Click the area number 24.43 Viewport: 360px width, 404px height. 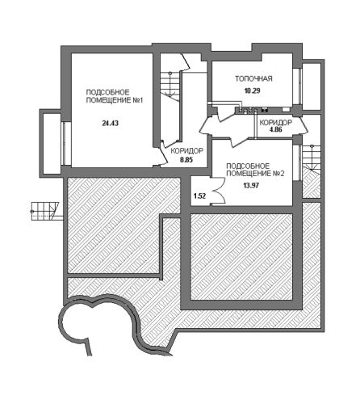click(111, 124)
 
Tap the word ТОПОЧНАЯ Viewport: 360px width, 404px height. click(253, 78)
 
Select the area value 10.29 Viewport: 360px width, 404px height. click(252, 90)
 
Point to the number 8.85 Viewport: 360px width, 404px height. click(186, 160)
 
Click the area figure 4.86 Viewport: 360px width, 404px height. click(276, 129)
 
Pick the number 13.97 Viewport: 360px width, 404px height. click(252, 186)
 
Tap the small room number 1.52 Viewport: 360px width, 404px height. click(200, 196)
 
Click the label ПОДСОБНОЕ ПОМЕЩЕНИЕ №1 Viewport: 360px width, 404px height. click(114, 96)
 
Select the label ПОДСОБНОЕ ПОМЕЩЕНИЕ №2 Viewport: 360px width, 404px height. click(255, 170)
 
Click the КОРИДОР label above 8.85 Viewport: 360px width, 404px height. click(187, 151)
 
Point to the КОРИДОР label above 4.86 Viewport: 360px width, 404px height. click(276, 123)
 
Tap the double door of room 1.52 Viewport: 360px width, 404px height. click(218, 191)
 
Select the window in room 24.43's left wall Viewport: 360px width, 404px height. click(65, 143)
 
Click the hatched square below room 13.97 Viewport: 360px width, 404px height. click(241, 256)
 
